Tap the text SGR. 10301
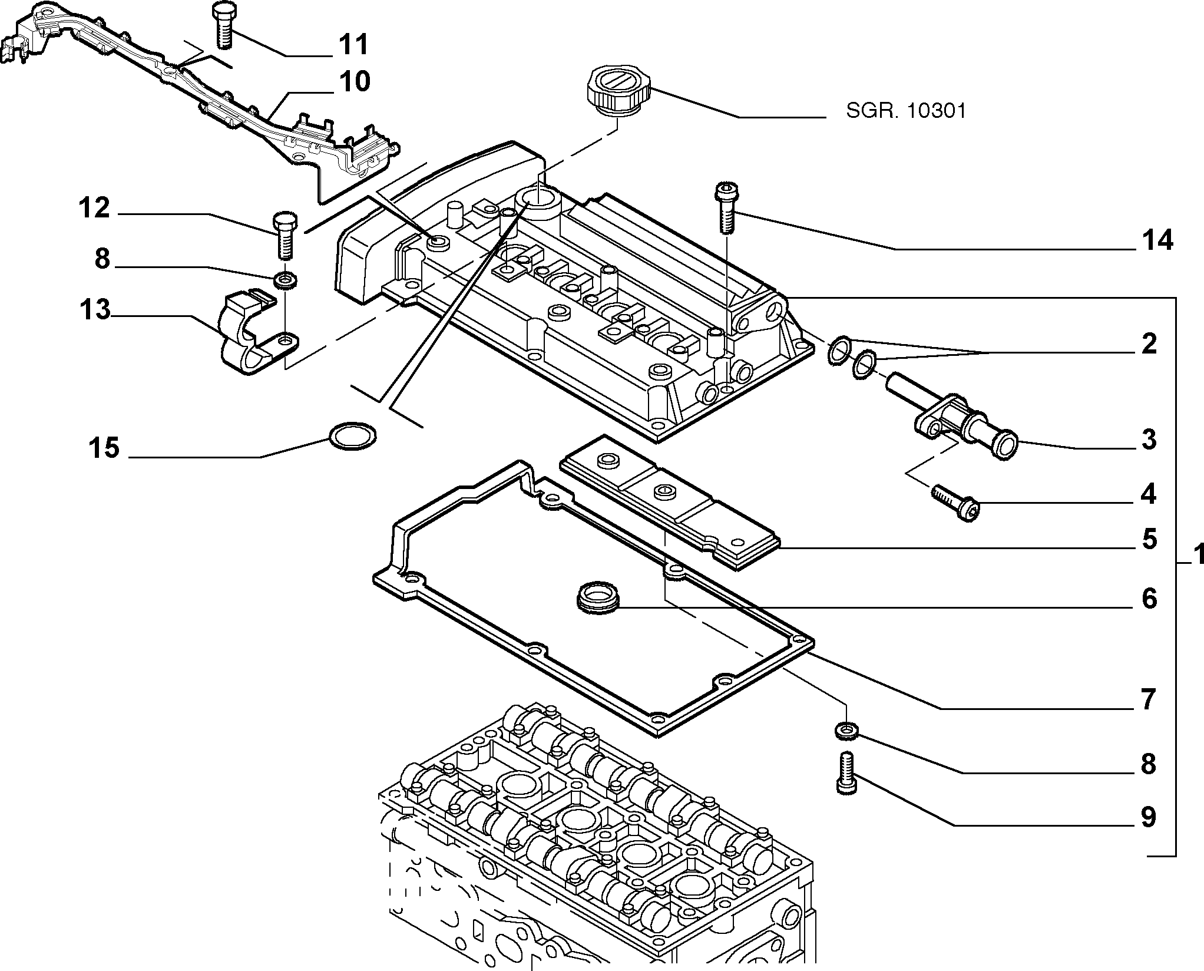(x=906, y=111)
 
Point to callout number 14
(x=1149, y=241)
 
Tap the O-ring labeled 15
(x=352, y=436)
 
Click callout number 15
(x=105, y=448)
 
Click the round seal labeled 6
(x=597, y=599)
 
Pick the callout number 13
(x=95, y=309)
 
